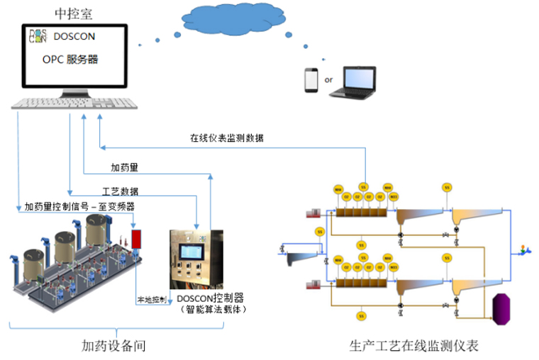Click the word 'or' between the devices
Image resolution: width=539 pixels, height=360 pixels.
tap(328, 80)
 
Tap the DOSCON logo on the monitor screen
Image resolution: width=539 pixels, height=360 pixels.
tap(38, 36)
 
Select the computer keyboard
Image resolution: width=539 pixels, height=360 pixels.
tap(74, 103)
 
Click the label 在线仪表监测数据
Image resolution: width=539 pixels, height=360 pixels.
tap(227, 138)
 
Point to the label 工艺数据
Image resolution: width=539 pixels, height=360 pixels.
tap(121, 191)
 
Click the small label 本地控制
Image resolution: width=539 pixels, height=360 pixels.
tap(151, 300)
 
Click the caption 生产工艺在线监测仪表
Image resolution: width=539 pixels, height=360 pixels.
tap(415, 347)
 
